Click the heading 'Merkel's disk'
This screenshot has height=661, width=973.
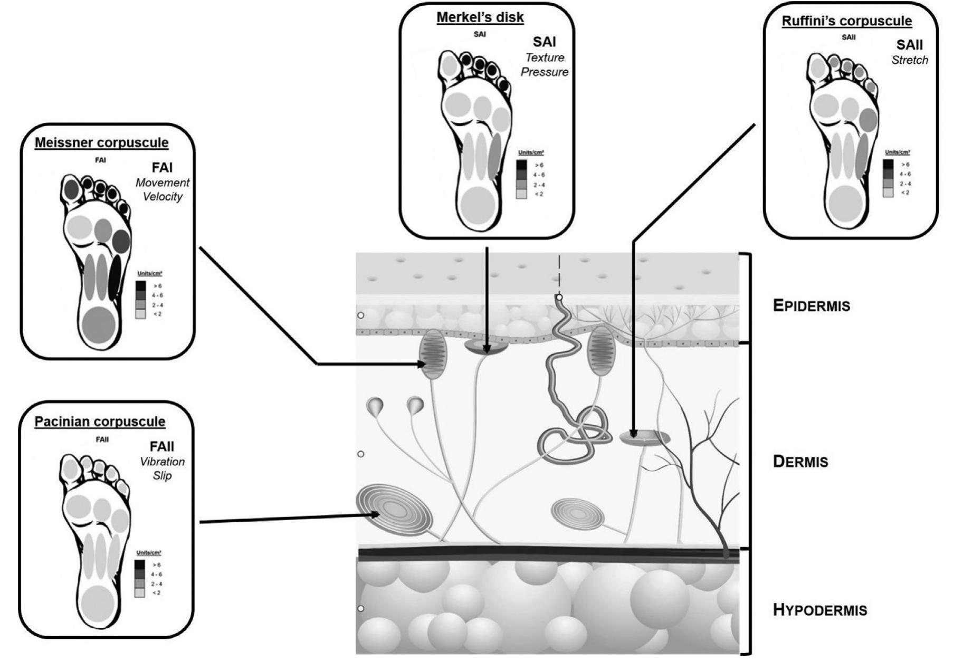(x=480, y=17)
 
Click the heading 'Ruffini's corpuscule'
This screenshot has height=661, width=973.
(x=846, y=21)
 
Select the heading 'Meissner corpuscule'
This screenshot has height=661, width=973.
(x=101, y=143)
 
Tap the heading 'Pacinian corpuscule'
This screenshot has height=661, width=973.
(x=100, y=422)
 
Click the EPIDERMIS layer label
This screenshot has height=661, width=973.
(x=811, y=306)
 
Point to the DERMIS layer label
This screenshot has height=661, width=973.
(x=800, y=462)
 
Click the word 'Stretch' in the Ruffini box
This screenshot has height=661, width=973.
(x=909, y=60)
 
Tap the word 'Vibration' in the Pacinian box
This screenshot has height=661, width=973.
(x=162, y=462)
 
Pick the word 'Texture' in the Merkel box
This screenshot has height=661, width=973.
(x=545, y=58)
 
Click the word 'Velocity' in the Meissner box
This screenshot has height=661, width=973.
(x=162, y=197)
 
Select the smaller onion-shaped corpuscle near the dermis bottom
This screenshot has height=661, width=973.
(x=577, y=512)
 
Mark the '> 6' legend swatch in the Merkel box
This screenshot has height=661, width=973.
(x=521, y=165)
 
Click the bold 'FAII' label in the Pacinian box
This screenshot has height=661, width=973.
(x=161, y=447)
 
